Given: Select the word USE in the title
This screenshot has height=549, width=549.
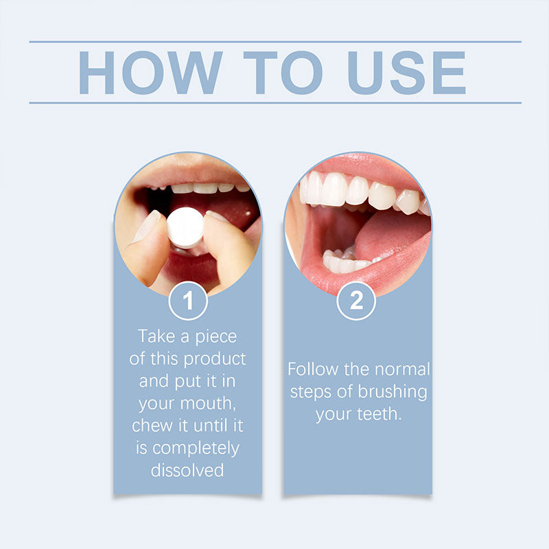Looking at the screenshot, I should (x=406, y=72).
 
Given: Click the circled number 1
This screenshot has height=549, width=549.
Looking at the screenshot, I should (x=187, y=301).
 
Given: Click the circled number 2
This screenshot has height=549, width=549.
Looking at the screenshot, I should (x=356, y=301).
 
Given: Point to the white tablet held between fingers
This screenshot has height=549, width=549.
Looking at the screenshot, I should (x=185, y=226).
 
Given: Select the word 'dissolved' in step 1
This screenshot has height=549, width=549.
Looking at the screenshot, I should (x=187, y=470).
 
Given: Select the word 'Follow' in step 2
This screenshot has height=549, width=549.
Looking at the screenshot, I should (x=313, y=369).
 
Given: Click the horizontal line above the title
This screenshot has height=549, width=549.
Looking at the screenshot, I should (x=274, y=42).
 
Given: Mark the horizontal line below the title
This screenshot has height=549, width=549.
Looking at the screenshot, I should (x=274, y=103).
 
